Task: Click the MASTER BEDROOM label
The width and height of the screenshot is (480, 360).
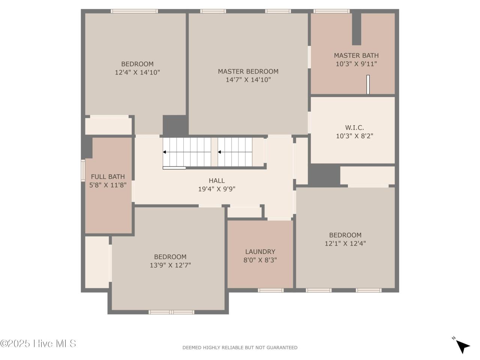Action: pos(248,71)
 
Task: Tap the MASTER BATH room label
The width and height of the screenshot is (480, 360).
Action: pos(356,55)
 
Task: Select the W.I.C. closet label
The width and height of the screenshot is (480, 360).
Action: pos(354,127)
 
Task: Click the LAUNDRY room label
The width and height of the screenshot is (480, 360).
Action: pos(260,252)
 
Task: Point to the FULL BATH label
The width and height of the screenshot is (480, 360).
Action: pos(108,177)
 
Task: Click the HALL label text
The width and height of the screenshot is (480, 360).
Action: pos(216,181)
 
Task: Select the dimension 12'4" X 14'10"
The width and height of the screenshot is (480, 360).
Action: pos(137,72)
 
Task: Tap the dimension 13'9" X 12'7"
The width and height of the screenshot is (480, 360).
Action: pos(170,265)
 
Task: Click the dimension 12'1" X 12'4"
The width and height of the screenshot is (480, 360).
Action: pos(345,243)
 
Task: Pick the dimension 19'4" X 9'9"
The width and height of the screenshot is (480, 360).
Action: pos(216,189)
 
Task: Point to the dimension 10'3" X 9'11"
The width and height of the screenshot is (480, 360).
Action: pos(356,64)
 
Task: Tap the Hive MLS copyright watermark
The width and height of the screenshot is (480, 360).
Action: pos(38,343)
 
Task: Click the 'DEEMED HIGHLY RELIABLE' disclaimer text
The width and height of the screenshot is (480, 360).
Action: pos(240,348)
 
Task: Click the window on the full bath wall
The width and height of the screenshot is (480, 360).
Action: pos(83,171)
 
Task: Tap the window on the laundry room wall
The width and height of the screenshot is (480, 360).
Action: pos(270,290)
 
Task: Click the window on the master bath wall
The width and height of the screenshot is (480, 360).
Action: pos(331,11)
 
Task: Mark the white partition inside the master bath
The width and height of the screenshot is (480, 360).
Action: pos(368,84)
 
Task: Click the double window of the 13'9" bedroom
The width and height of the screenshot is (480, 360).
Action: pos(171,312)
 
